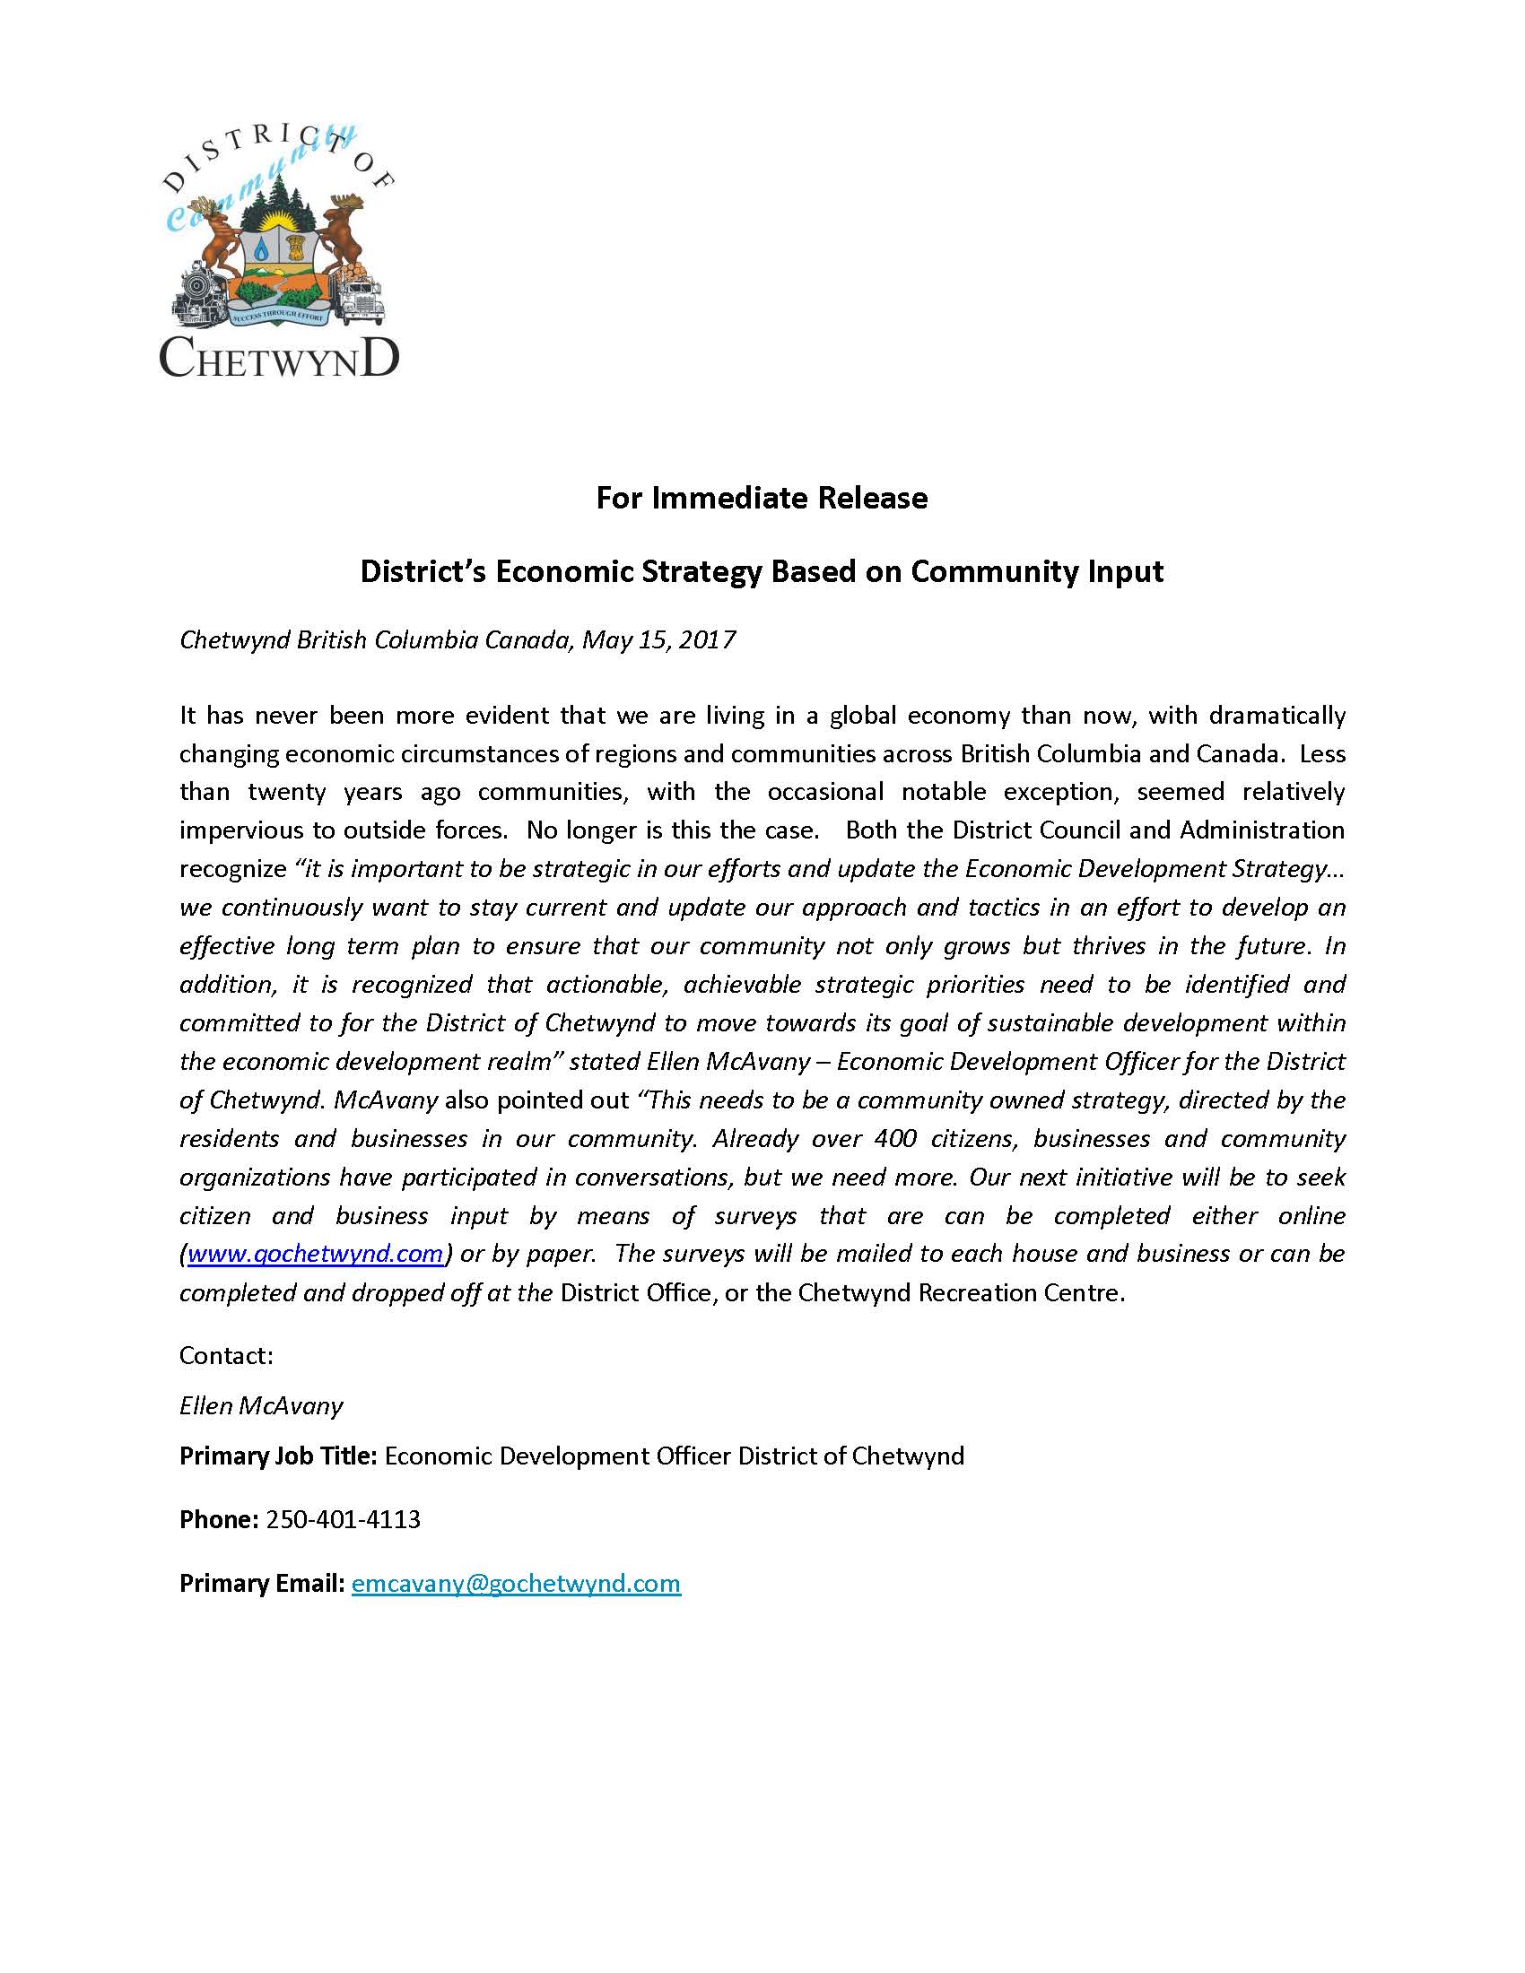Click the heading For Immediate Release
[x=762, y=498]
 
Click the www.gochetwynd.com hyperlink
[x=315, y=1254]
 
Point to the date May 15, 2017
[x=658, y=639]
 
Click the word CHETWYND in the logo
[x=279, y=358]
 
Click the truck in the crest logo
[x=362, y=298]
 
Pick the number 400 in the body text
[x=895, y=1138]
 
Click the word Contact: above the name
[x=226, y=1355]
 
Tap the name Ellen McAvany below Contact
[x=261, y=1405]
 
